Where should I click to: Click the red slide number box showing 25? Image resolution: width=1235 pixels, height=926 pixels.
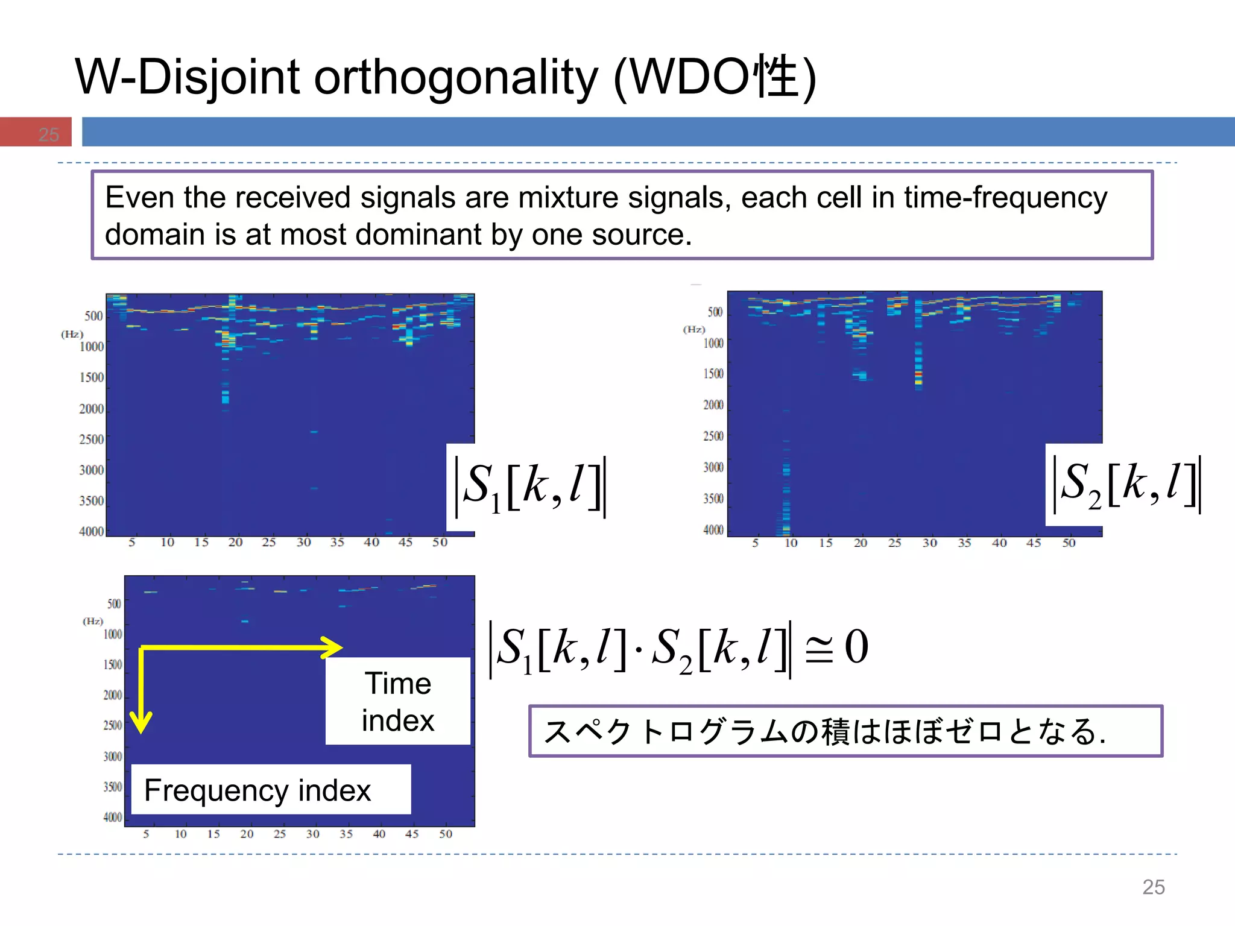[x=36, y=132]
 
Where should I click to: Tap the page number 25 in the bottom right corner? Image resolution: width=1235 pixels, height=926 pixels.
[x=1153, y=887]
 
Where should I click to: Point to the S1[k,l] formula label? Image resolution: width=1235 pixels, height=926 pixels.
[x=529, y=486]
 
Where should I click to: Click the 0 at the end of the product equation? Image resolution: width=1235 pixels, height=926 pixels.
[x=856, y=647]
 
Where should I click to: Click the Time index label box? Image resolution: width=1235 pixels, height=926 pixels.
[x=397, y=701]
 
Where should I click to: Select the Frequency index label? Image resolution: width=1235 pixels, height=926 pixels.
[x=258, y=790]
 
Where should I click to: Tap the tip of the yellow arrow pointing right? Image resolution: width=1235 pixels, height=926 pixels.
[x=341, y=648]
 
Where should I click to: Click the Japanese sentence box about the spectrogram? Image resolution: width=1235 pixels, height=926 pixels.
[x=845, y=731]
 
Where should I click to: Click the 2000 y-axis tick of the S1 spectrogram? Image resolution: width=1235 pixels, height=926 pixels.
[x=92, y=409]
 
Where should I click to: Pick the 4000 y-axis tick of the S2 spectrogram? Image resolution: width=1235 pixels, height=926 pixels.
[x=713, y=530]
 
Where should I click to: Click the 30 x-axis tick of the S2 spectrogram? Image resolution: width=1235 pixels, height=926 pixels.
[x=929, y=543]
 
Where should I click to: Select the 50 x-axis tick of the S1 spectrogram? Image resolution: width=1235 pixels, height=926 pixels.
[x=440, y=543]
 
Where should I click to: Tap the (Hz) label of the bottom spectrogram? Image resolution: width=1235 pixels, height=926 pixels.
[x=93, y=621]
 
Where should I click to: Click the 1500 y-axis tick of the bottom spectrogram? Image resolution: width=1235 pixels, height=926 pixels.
[x=113, y=664]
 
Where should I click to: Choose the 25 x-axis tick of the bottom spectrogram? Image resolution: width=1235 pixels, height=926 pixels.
[x=279, y=834]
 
